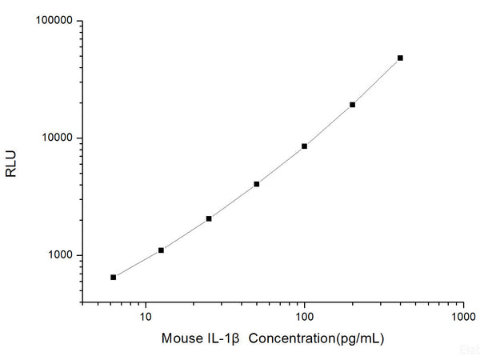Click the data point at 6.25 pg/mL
click(x=114, y=277)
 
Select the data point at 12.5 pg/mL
click(x=161, y=250)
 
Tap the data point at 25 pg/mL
click(x=209, y=218)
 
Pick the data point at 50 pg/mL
click(x=257, y=184)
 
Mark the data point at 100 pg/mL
click(x=304, y=146)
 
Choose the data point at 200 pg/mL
click(x=352, y=105)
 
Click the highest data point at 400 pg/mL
click(x=400, y=58)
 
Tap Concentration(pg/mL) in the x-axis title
click(x=316, y=338)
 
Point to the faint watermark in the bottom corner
click(x=470, y=350)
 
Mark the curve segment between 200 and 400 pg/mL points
click(x=377, y=82)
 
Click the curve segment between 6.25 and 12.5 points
click(x=138, y=264)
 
